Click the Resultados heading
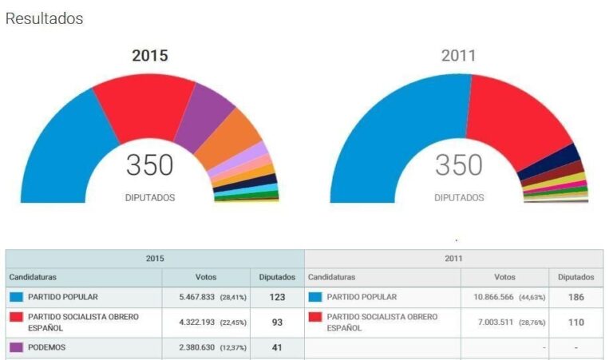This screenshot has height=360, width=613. (45, 18)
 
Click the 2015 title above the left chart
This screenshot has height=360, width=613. (150, 56)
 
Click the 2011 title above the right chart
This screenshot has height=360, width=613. (458, 56)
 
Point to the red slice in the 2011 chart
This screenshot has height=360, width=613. (511, 120)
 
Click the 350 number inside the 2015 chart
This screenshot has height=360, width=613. (150, 165)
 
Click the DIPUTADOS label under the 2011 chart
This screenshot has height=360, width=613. (459, 197)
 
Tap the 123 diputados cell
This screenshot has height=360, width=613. (277, 297)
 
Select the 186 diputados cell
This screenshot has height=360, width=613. (575, 297)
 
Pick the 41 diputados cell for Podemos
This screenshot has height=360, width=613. (277, 348)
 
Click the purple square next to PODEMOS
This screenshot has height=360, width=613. (16, 348)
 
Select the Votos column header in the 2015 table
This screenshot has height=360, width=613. (206, 277)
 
